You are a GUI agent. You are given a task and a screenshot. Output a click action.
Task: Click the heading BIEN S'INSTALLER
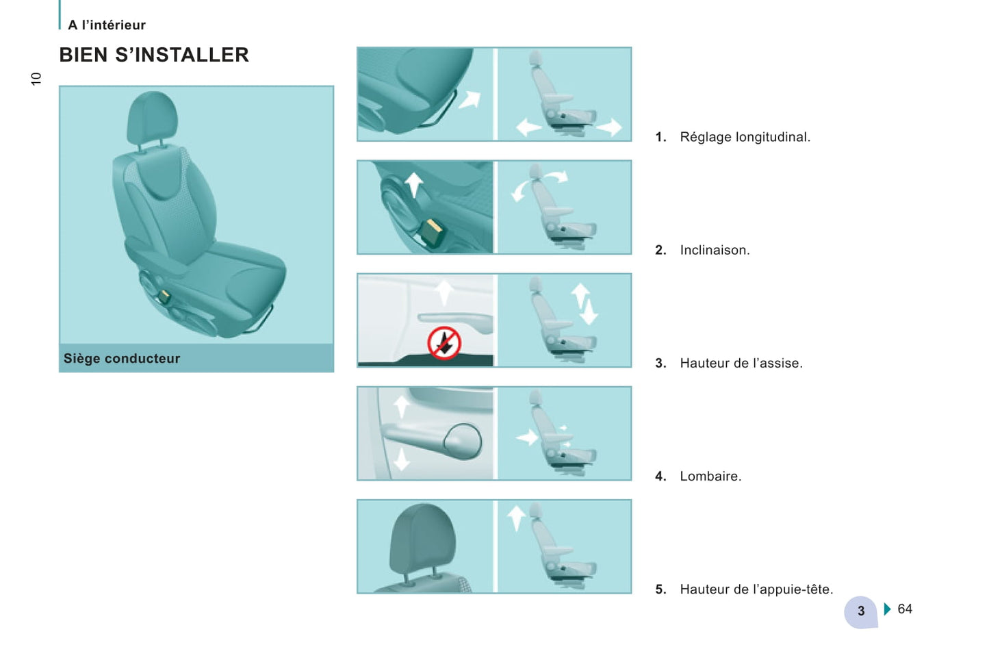click(154, 55)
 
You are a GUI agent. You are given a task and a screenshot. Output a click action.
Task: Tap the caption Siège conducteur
click(122, 358)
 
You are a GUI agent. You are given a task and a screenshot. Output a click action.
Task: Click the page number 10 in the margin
click(36, 79)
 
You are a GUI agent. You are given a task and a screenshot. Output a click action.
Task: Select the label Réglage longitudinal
click(745, 137)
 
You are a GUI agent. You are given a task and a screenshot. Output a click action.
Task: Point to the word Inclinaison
click(715, 250)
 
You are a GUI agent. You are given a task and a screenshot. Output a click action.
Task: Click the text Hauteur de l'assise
click(741, 363)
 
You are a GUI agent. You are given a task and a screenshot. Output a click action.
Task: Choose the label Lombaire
click(710, 477)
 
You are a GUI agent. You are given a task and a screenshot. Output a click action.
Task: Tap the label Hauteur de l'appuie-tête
click(756, 589)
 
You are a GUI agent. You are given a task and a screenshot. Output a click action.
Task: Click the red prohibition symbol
click(444, 343)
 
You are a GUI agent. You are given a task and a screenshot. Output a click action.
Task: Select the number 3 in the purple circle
click(861, 611)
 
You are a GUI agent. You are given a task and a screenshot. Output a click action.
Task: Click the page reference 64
click(905, 609)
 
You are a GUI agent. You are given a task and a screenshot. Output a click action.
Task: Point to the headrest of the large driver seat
click(152, 118)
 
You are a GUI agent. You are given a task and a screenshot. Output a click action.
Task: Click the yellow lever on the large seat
click(164, 296)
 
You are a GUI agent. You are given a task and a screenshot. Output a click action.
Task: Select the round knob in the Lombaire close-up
click(463, 441)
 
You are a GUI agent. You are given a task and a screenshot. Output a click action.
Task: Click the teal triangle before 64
click(888, 609)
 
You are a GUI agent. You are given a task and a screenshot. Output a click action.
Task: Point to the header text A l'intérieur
click(106, 25)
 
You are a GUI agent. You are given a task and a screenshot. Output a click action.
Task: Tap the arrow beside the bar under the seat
click(470, 99)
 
